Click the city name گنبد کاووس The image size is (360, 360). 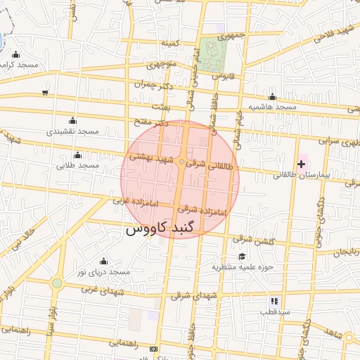point(162,229)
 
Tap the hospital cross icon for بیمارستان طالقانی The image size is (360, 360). point(302,163)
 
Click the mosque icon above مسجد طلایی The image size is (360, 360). point(77,155)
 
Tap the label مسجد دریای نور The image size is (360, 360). point(104,271)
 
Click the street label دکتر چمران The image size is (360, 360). point(155,86)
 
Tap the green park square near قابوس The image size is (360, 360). point(210,50)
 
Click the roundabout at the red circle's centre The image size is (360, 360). point(181,163)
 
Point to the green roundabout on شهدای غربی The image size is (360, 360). point(57,283)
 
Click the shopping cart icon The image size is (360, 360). point(46,92)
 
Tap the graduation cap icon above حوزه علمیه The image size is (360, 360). point(243,257)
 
